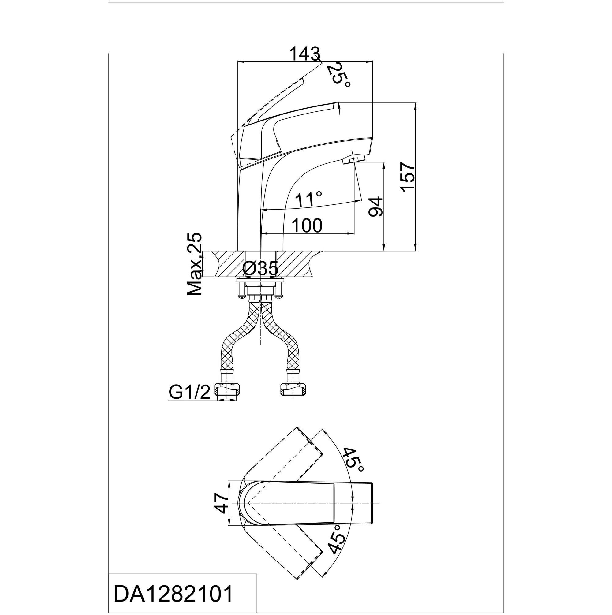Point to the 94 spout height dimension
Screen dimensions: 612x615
375,207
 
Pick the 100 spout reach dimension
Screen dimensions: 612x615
307,226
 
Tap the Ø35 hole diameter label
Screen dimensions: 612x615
260,269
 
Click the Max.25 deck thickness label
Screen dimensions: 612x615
195,264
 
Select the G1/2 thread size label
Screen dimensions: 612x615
189,393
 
